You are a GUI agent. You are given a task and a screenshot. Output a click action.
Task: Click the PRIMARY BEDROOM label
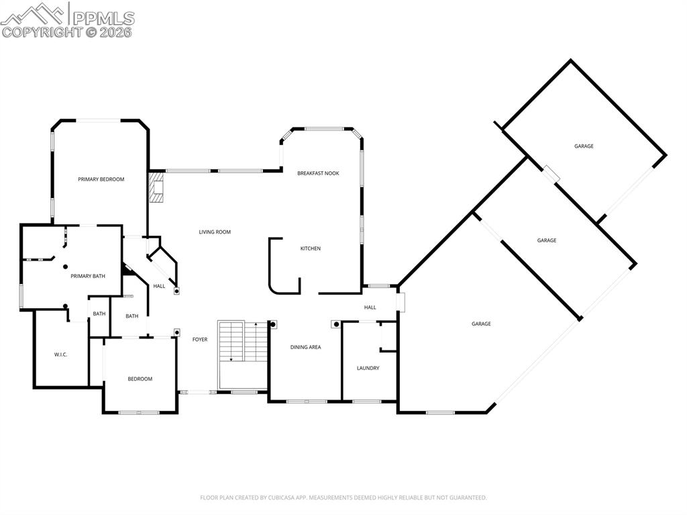pos(101,179)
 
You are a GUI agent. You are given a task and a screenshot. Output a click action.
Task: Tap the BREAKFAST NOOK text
pos(318,173)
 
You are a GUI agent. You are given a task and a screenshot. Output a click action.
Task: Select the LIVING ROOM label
pos(214,232)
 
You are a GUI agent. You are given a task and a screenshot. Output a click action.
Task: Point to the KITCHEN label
pos(310,248)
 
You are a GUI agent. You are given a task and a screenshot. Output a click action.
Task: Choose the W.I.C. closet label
pos(60,355)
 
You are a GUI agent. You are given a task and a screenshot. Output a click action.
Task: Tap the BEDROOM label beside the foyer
pos(140,379)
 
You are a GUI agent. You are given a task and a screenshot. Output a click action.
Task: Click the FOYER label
pos(200,340)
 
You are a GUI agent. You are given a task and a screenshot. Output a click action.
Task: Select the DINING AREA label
pos(305,347)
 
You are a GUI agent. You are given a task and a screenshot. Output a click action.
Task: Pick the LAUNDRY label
pos(368,368)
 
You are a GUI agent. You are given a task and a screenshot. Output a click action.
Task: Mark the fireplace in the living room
pos(156,188)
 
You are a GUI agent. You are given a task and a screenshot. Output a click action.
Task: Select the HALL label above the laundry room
pos(370,308)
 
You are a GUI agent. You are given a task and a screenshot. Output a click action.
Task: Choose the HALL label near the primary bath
pos(159,286)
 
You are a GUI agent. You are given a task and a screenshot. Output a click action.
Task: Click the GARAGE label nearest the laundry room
pos(480,324)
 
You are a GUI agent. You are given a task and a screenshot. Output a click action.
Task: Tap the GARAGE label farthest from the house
pos(583,146)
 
